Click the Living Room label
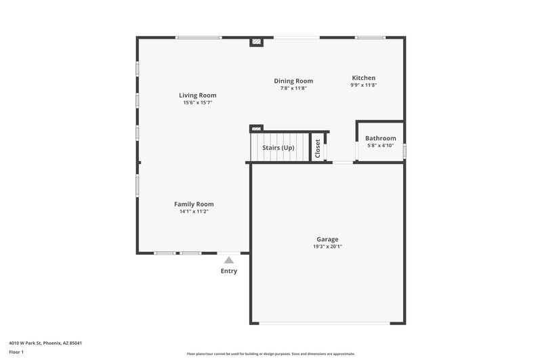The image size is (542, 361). [198, 95]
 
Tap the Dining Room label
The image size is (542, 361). [293, 81]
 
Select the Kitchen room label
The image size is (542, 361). [363, 78]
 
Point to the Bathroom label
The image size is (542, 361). [380, 138]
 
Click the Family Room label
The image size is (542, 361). [194, 204]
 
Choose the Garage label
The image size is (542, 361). [327, 239]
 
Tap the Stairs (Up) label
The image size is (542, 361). [278, 147]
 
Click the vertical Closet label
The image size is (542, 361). [317, 148]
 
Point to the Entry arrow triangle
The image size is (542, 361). [229, 259]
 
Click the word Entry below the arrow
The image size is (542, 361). [229, 271]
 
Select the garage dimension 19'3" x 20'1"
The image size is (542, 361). [327, 247]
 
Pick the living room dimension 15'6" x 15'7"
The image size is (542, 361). [198, 103]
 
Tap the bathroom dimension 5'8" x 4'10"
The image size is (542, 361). [380, 146]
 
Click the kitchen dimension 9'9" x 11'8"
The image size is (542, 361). [363, 85]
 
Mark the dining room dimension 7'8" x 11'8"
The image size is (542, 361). [293, 89]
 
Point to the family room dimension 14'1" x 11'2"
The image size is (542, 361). [194, 211]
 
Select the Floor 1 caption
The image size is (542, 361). [16, 352]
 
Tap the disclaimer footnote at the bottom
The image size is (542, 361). [271, 354]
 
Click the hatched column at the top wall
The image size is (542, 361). [256, 42]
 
